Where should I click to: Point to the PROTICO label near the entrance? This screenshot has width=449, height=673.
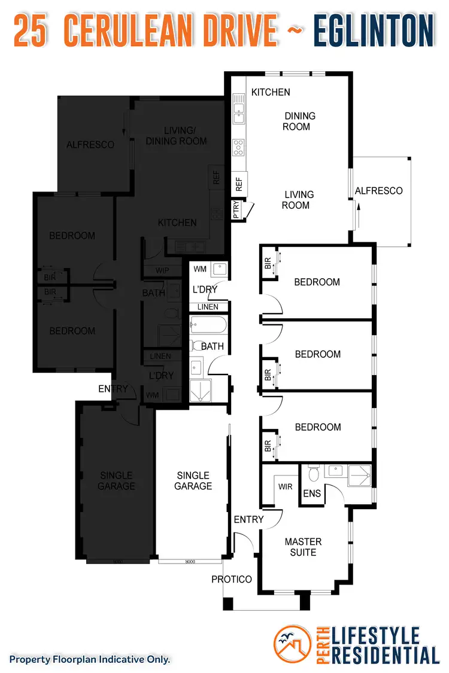coord(232,579)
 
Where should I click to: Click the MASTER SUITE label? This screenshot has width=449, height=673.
coord(303,547)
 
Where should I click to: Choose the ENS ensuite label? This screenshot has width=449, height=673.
coord(311,494)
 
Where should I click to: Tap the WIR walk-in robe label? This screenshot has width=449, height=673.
coord(285,486)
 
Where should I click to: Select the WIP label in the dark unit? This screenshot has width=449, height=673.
coord(162,270)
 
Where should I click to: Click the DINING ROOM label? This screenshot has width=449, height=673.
coord(299,121)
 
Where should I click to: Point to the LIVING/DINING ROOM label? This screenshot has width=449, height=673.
coord(177,136)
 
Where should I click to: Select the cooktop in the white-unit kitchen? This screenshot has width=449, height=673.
coord(239,147)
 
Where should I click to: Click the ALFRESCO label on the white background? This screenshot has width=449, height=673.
coord(378,191)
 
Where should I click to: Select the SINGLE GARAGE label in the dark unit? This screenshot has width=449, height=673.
coord(117,481)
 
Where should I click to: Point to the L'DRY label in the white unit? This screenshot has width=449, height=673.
coord(204,290)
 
